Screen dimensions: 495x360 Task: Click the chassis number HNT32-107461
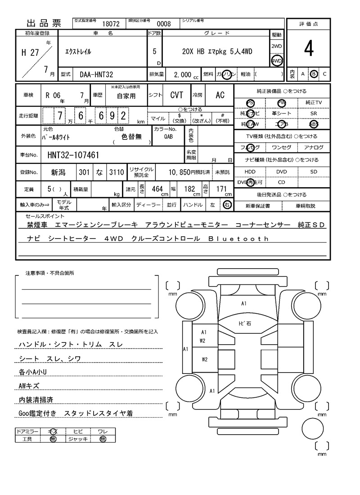click(x=73, y=155)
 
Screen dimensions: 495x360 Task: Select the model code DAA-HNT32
click(x=93, y=74)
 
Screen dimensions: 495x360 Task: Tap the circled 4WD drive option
click(x=276, y=61)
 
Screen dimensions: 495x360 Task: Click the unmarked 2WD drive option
click(x=276, y=46)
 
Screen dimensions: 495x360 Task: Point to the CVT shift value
click(x=176, y=95)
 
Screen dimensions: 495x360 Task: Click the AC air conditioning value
click(x=220, y=95)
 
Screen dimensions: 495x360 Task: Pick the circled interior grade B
click(x=314, y=74)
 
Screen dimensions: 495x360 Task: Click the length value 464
click(x=157, y=189)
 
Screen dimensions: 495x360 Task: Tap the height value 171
click(x=221, y=189)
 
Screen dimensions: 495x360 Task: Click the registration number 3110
click(x=116, y=172)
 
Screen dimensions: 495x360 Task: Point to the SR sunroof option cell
click(x=314, y=114)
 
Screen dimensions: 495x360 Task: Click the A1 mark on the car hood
click(x=243, y=304)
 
